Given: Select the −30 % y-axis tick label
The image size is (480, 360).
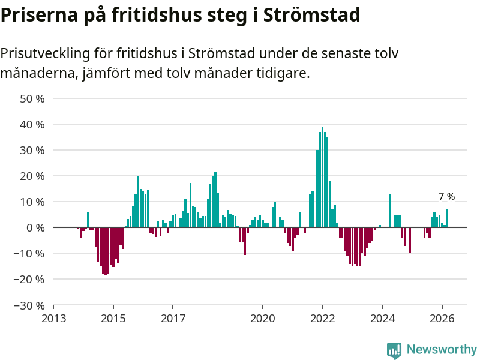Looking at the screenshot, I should point(30,305).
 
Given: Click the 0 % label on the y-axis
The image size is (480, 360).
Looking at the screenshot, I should point(35,227).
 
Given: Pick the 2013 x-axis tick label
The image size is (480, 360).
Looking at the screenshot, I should point(53,318).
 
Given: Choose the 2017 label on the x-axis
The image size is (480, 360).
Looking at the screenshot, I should point(173,318).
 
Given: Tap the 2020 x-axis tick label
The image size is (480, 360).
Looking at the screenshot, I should point(262,318).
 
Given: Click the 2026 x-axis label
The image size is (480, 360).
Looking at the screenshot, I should point(442,318).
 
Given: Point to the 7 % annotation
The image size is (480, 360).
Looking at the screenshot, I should point(446,196).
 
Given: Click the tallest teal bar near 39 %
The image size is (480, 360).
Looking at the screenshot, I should point(322,177).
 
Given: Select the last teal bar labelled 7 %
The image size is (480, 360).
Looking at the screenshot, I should point(447,218).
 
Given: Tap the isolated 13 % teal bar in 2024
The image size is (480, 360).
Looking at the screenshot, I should point(390,211).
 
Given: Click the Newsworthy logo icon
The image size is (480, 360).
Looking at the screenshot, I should point(394,350).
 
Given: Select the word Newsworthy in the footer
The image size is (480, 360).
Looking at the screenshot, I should point(442,350).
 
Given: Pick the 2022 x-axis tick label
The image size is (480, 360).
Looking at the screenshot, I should point(322,318).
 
